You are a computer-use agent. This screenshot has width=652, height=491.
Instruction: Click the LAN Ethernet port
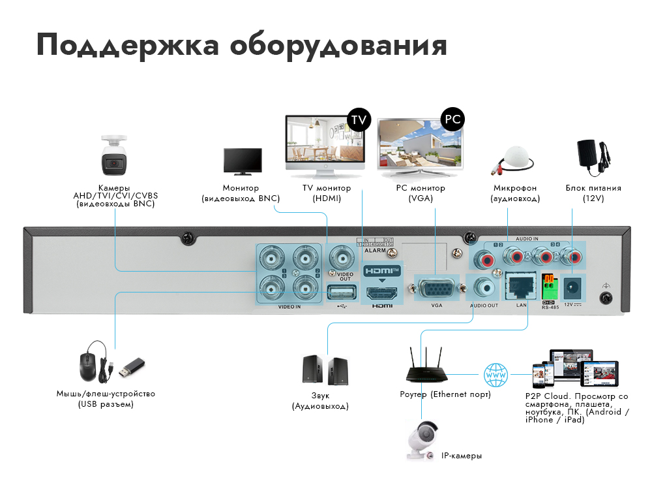click(520, 285)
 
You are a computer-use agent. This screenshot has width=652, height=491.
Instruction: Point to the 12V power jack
click(574, 286)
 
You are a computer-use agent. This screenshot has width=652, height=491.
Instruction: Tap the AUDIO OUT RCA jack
click(484, 286)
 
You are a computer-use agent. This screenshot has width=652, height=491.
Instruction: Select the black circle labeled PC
click(452, 119)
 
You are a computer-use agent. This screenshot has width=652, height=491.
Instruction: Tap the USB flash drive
click(130, 368)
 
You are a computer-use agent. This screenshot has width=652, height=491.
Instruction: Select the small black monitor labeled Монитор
click(243, 161)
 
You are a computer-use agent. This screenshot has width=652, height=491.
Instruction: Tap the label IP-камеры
click(462, 456)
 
